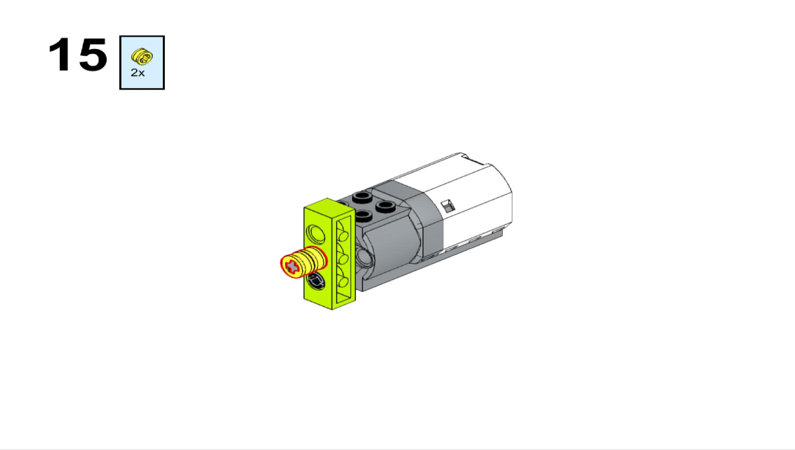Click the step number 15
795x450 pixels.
click(78, 55)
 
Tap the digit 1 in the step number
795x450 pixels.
click(60, 55)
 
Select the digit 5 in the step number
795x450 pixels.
click(93, 55)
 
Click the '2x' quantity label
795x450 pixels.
click(138, 73)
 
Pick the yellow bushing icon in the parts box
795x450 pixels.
click(142, 57)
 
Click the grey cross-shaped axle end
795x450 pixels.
click(292, 266)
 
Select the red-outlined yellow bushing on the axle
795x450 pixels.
click(304, 262)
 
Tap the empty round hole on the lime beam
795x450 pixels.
click(315, 234)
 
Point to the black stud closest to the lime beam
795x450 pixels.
click(362, 216)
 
